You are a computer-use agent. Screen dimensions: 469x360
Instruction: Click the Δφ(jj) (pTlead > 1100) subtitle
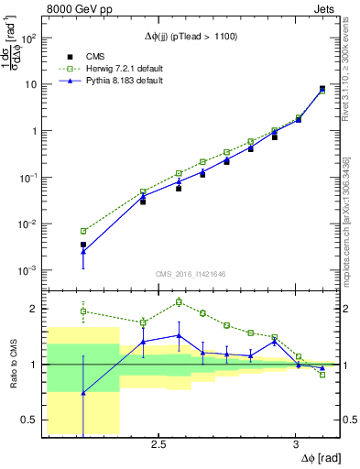coord(191,34)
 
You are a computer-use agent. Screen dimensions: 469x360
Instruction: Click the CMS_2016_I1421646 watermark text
coord(191,274)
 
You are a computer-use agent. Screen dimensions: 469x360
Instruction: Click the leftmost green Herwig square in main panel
coord(83,231)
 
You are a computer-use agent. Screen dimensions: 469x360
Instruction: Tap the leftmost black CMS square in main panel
coord(83,245)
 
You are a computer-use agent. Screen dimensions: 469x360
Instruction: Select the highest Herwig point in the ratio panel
coord(179,301)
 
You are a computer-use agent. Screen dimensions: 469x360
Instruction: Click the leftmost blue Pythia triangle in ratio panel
coord(83,393)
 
